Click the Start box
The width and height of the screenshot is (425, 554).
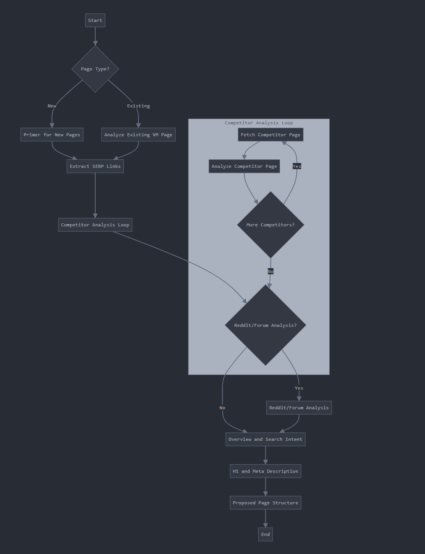(x=95, y=20)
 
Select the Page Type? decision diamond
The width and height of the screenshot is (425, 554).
(x=95, y=69)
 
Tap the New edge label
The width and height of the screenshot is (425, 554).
(x=52, y=106)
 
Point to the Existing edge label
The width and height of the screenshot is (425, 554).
(x=138, y=106)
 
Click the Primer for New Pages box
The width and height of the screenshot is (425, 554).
(x=52, y=135)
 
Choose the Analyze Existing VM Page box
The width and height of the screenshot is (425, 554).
(x=138, y=135)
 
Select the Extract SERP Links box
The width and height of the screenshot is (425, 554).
(x=95, y=166)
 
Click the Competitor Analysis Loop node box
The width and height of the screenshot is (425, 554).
(x=95, y=225)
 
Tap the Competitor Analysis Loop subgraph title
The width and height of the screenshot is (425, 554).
(x=259, y=123)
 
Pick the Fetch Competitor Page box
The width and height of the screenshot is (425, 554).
(x=270, y=135)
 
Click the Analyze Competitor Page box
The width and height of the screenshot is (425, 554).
(x=244, y=166)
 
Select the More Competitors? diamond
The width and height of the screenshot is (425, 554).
(x=270, y=225)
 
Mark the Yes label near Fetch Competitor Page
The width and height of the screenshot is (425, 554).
(x=297, y=166)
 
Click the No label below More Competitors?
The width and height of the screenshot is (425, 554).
(x=270, y=271)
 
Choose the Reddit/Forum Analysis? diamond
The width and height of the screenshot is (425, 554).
(x=265, y=325)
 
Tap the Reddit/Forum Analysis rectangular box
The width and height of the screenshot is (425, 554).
(x=299, y=408)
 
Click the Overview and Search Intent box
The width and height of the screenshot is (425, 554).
(x=265, y=439)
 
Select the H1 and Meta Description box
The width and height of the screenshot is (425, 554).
(x=265, y=471)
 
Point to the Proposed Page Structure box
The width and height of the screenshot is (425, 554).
(x=265, y=503)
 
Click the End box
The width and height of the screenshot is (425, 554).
(x=265, y=534)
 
